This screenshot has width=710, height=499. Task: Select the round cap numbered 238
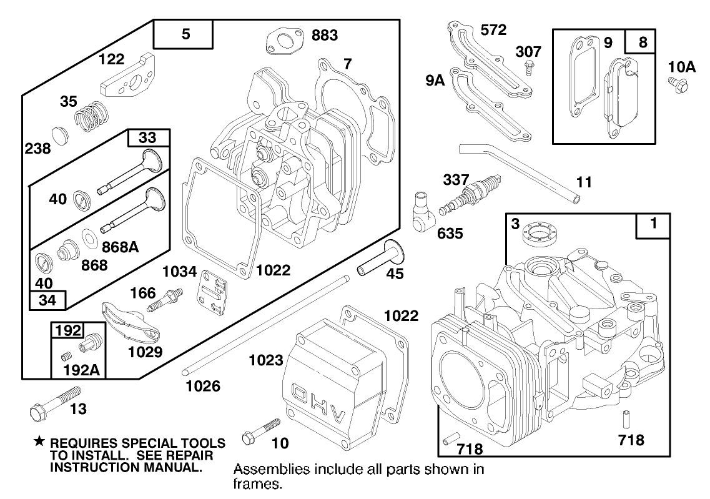click(x=58, y=135)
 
